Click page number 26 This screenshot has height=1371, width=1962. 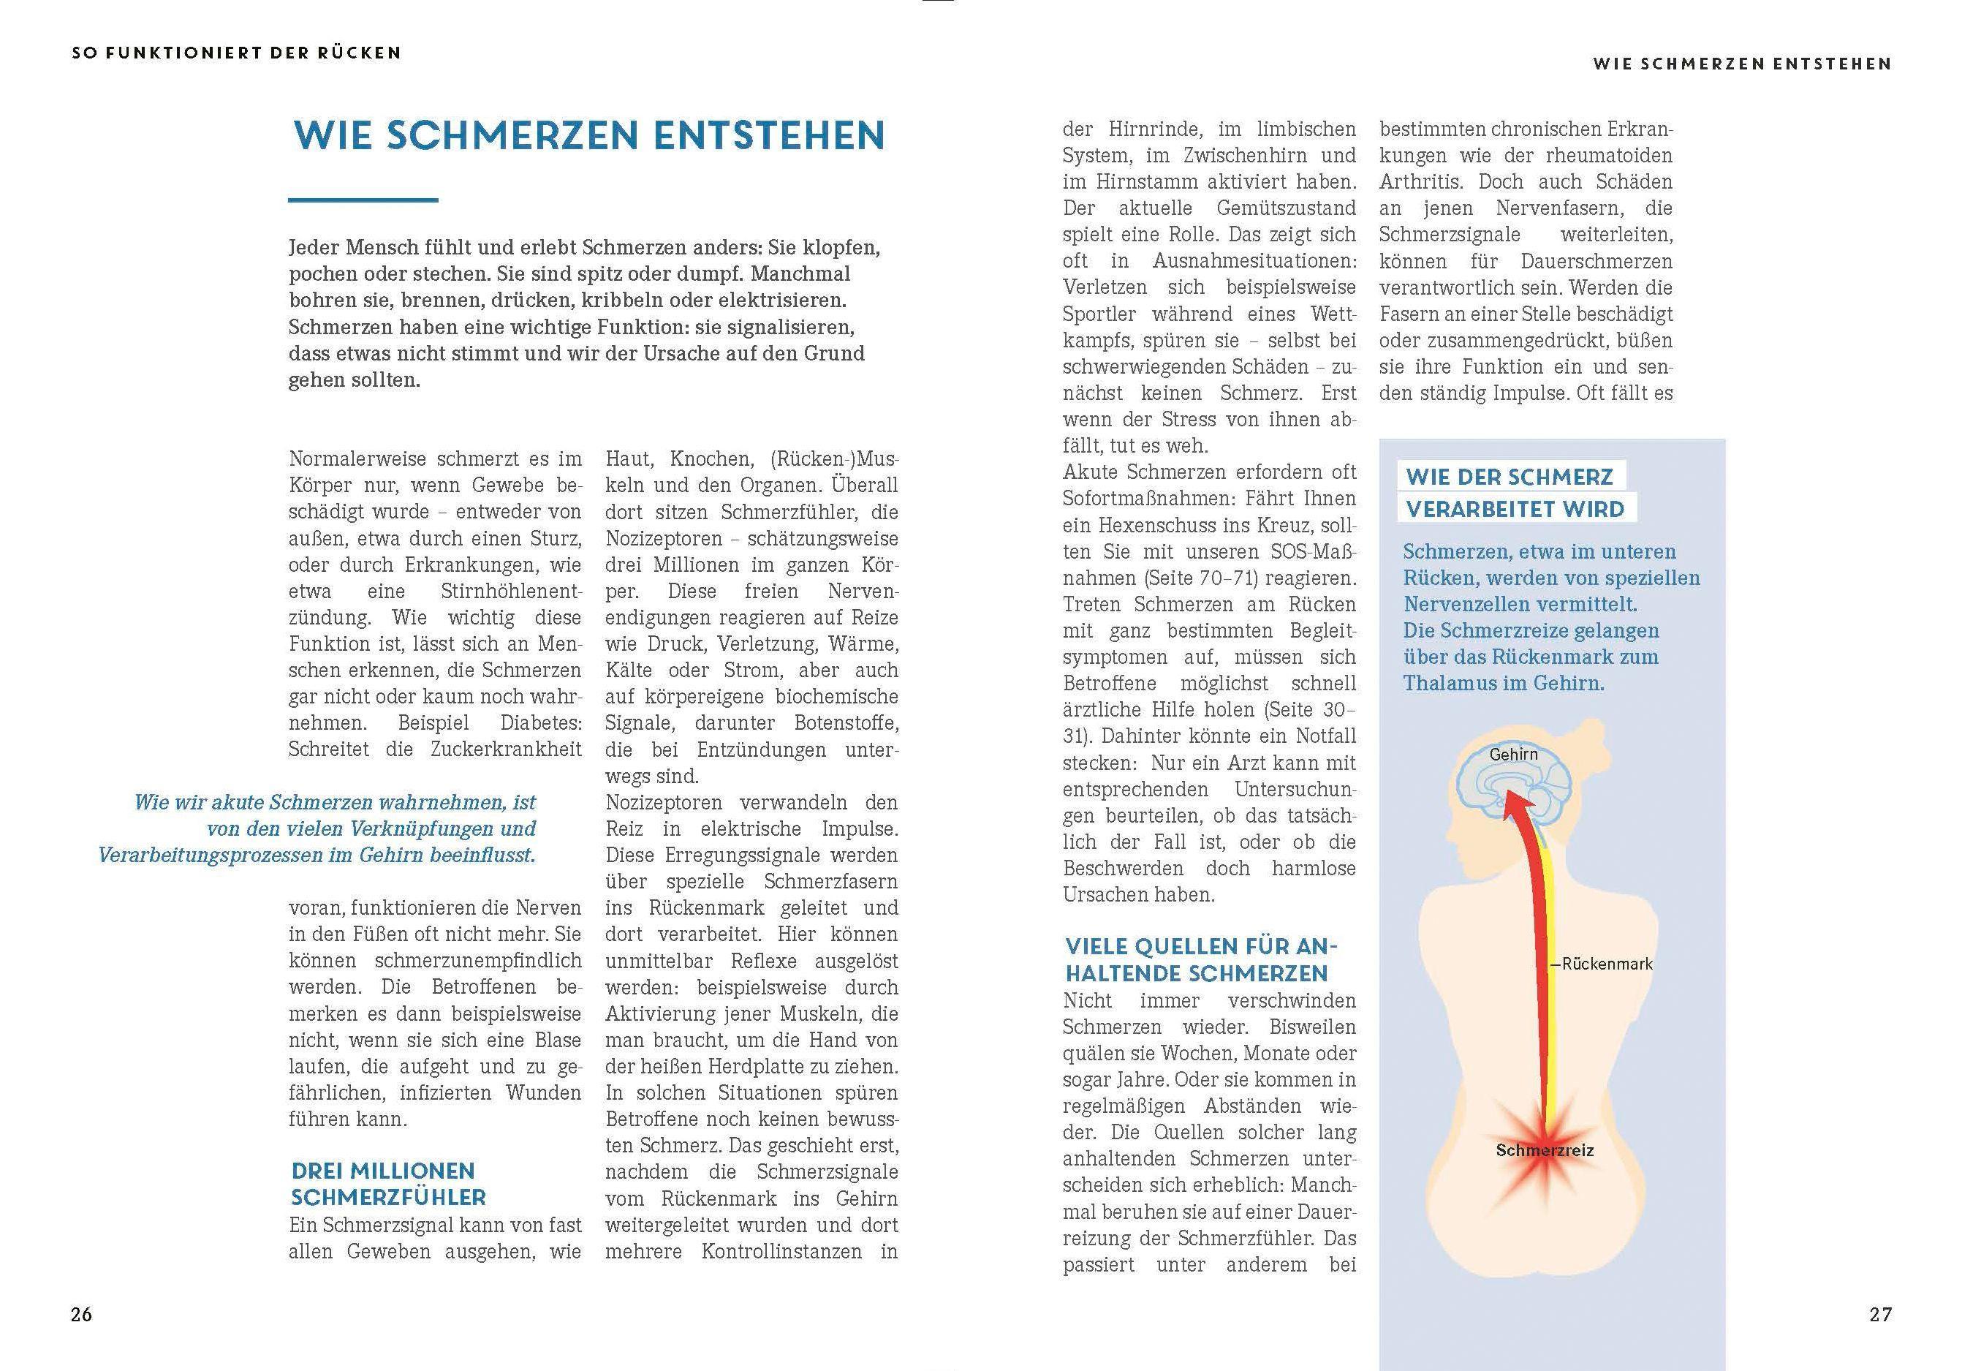point(81,1315)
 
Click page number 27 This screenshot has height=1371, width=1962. point(1881,1315)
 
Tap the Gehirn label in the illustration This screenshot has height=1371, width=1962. point(1513,754)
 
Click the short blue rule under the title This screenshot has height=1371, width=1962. point(363,200)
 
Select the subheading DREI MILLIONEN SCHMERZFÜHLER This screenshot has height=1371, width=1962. point(389,1184)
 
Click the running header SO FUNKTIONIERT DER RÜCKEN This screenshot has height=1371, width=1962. point(237,53)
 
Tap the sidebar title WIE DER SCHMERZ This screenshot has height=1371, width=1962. point(1509,477)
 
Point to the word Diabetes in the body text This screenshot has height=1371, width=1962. point(541,723)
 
